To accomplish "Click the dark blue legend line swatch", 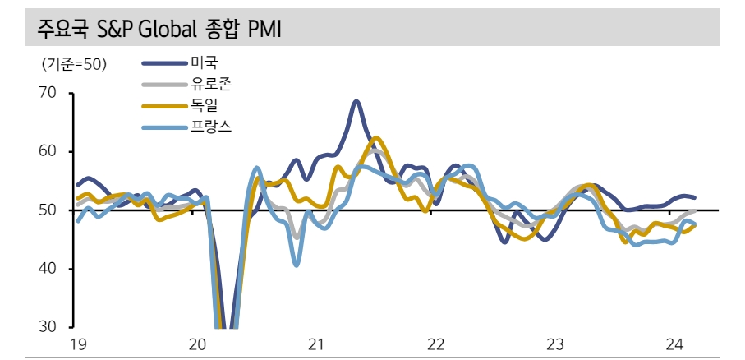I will click(165, 62).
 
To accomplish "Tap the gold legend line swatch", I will click(165, 105).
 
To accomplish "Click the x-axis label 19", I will click(77, 344).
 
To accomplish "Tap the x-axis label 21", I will click(316, 344).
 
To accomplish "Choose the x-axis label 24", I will click(673, 344).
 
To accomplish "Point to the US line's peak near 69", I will click(356, 102).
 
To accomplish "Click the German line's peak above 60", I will click(375, 138).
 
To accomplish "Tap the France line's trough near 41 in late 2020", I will click(297, 264).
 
